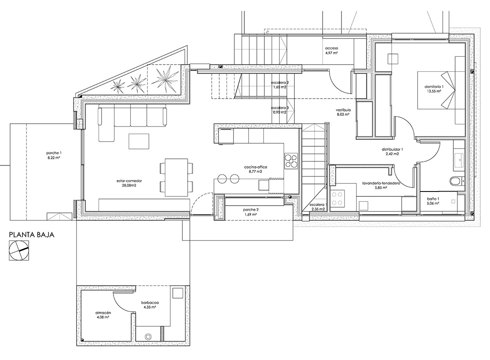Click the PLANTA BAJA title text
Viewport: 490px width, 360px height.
(x=31, y=234)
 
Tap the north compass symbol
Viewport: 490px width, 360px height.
(x=19, y=250)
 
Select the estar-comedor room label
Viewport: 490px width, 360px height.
(x=129, y=181)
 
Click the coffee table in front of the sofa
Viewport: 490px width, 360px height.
(x=139, y=141)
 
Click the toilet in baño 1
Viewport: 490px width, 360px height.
(x=456, y=181)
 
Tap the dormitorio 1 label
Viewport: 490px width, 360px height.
(x=434, y=86)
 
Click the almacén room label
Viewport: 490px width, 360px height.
(x=103, y=313)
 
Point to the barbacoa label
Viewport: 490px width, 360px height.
(x=150, y=303)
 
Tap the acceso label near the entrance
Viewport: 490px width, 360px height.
(x=331, y=49)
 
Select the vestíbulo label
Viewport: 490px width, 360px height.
(x=343, y=110)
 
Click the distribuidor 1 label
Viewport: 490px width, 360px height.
(x=392, y=149)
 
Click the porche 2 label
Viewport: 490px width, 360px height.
(x=251, y=210)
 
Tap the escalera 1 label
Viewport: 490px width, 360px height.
(x=318, y=205)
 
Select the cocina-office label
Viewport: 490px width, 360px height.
(x=256, y=167)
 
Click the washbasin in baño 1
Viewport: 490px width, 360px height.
(x=460, y=160)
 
